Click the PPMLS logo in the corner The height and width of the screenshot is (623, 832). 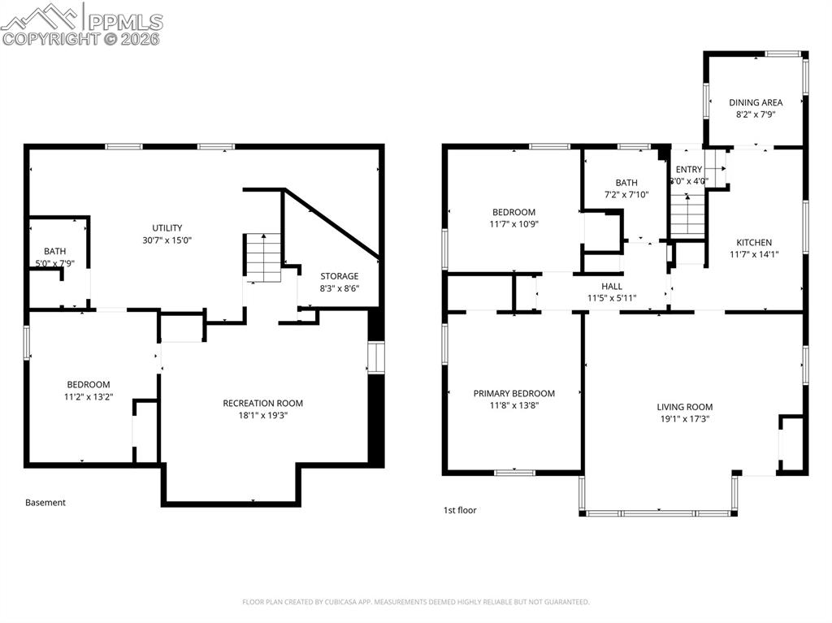pyautogui.click(x=81, y=24)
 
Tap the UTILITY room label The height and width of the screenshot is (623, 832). pyautogui.click(x=167, y=227)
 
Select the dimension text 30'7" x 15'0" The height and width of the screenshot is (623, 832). pyautogui.click(x=167, y=240)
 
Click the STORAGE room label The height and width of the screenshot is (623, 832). pyautogui.click(x=339, y=276)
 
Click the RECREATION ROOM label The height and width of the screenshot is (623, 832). pyautogui.click(x=263, y=403)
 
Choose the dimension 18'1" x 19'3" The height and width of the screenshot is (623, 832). pyautogui.click(x=263, y=416)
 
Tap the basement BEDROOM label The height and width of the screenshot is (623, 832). pyautogui.click(x=88, y=384)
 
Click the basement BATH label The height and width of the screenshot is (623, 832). pyautogui.click(x=55, y=251)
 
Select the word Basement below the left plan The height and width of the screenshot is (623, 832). pyautogui.click(x=45, y=503)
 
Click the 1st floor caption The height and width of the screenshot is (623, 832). pyautogui.click(x=460, y=510)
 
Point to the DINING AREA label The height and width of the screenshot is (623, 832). pyautogui.click(x=756, y=102)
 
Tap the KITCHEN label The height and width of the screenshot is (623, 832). pyautogui.click(x=754, y=242)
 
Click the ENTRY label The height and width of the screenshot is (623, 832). pyautogui.click(x=689, y=169)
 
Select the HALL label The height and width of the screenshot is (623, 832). pyautogui.click(x=612, y=286)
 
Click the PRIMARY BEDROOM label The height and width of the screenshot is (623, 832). pyautogui.click(x=514, y=393)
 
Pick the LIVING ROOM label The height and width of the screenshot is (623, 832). pyautogui.click(x=685, y=407)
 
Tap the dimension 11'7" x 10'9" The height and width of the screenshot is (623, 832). pyautogui.click(x=513, y=224)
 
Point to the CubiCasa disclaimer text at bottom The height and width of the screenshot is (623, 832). pyautogui.click(x=416, y=602)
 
